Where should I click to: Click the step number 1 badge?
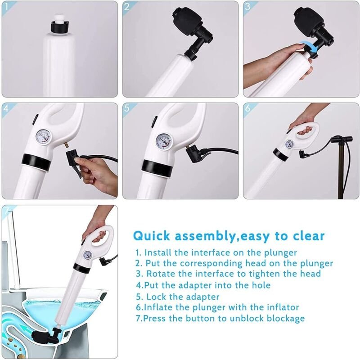(6, 6)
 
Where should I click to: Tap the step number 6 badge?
(248, 108)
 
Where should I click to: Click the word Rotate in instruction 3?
(161, 274)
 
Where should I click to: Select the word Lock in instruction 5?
(156, 297)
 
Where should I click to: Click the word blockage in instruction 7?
(286, 319)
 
